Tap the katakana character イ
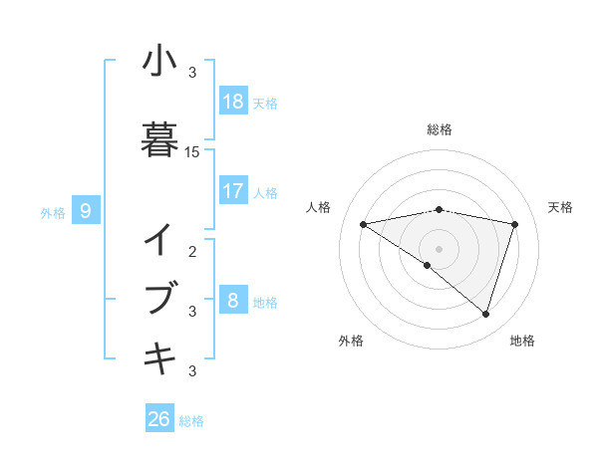159,239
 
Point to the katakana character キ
159,357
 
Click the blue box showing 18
232,102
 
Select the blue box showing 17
232,190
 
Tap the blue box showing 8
232,301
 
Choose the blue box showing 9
86,211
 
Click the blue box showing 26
159,419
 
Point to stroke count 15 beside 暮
192,152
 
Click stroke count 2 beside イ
192,251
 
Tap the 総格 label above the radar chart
440,129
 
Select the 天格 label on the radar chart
560,207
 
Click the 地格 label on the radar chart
522,341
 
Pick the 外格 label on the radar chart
351,341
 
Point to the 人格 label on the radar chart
319,207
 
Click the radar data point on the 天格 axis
515,224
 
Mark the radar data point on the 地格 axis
486,314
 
